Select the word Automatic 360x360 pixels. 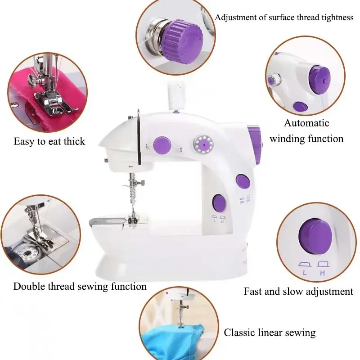pyautogui.click(x=306, y=123)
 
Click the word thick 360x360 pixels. pyautogui.click(x=73, y=141)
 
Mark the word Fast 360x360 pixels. pyautogui.click(x=253, y=292)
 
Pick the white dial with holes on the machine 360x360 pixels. pyautogui.click(x=203, y=144)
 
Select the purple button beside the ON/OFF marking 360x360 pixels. pyautogui.click(x=243, y=181)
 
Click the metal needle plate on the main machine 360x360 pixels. pyautogui.click(x=108, y=221)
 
